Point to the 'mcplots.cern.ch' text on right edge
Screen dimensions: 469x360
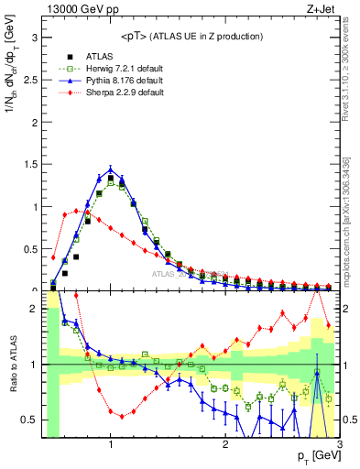(x=352, y=256)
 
